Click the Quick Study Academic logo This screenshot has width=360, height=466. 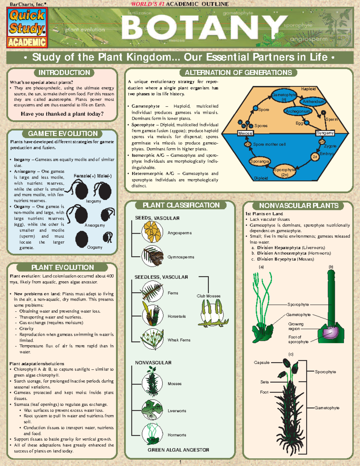click(x=27, y=28)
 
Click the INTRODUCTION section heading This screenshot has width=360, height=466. click(x=64, y=73)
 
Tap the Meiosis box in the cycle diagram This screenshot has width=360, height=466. click(x=245, y=133)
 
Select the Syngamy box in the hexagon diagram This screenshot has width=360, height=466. click(x=325, y=133)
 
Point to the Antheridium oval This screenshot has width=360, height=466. click(x=313, y=101)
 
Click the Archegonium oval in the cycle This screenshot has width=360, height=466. click(x=298, y=111)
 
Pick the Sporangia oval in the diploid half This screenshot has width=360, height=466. click(x=259, y=161)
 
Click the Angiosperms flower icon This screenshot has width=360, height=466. click(x=152, y=232)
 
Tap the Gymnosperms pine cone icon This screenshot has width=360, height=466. click(x=152, y=256)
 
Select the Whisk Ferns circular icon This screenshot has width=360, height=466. click(x=152, y=339)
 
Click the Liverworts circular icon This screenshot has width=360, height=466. click(x=152, y=410)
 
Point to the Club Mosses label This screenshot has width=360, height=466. click(x=208, y=296)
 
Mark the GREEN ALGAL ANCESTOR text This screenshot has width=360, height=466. click(x=178, y=450)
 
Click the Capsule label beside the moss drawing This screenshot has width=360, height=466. click(x=262, y=362)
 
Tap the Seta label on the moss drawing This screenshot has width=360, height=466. click(x=264, y=382)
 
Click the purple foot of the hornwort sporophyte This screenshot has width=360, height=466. click(x=330, y=332)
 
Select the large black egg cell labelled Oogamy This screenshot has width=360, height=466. click(x=82, y=239)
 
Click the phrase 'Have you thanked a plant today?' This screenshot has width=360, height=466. click(x=62, y=114)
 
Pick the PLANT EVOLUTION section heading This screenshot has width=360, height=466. click(x=62, y=267)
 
